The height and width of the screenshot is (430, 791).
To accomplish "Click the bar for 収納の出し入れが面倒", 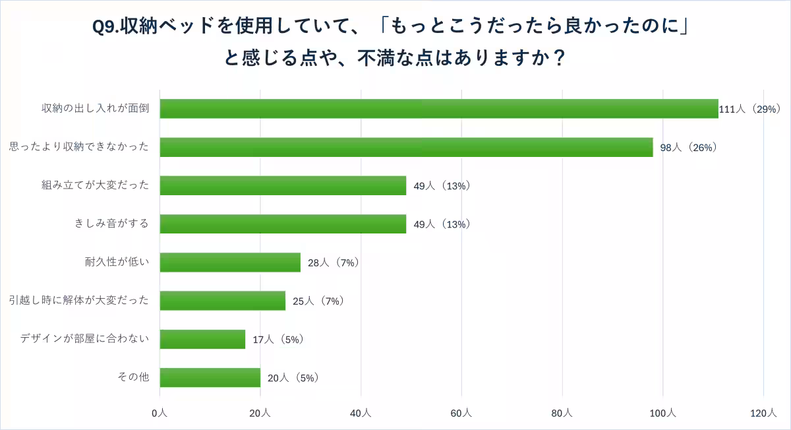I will [x=439, y=109].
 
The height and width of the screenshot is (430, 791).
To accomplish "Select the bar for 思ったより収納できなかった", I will [x=406, y=147].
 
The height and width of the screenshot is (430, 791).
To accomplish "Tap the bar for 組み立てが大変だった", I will [x=283, y=185].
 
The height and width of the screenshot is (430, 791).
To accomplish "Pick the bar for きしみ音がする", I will [x=283, y=224].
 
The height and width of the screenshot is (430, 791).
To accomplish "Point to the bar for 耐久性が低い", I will [x=230, y=262].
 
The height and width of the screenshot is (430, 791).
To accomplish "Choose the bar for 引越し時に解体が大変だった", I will [x=223, y=301].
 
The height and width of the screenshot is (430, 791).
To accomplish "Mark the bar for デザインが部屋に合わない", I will [x=202, y=339].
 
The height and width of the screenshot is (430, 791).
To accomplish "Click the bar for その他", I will [x=210, y=377].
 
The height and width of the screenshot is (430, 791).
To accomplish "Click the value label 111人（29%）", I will [x=749, y=109].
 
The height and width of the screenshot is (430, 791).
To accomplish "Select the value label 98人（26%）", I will [x=688, y=148].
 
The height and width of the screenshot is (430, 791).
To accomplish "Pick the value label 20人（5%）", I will [x=293, y=378].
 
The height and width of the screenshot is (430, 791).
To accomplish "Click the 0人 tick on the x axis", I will [x=160, y=413].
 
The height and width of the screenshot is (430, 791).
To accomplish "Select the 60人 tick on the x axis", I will [x=461, y=413].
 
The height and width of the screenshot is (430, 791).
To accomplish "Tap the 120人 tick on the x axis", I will [x=763, y=413].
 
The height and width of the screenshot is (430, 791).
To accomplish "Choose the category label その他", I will [x=134, y=377].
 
